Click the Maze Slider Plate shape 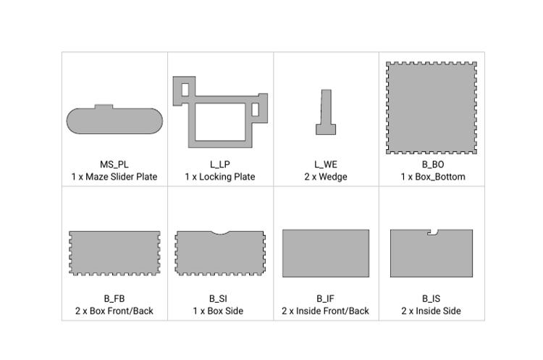114,121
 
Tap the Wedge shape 326,128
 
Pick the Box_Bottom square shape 432,107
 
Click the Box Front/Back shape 114,253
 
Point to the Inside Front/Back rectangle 325,253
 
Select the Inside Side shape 431,255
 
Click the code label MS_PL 114,164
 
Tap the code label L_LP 219,164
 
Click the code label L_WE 325,164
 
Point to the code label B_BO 432,164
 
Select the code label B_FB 114,298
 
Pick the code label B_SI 219,298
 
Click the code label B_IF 325,298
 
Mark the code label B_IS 431,298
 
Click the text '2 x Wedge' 325,177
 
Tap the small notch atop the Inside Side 433,233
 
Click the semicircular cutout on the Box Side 219,233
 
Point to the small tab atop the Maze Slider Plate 104,106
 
